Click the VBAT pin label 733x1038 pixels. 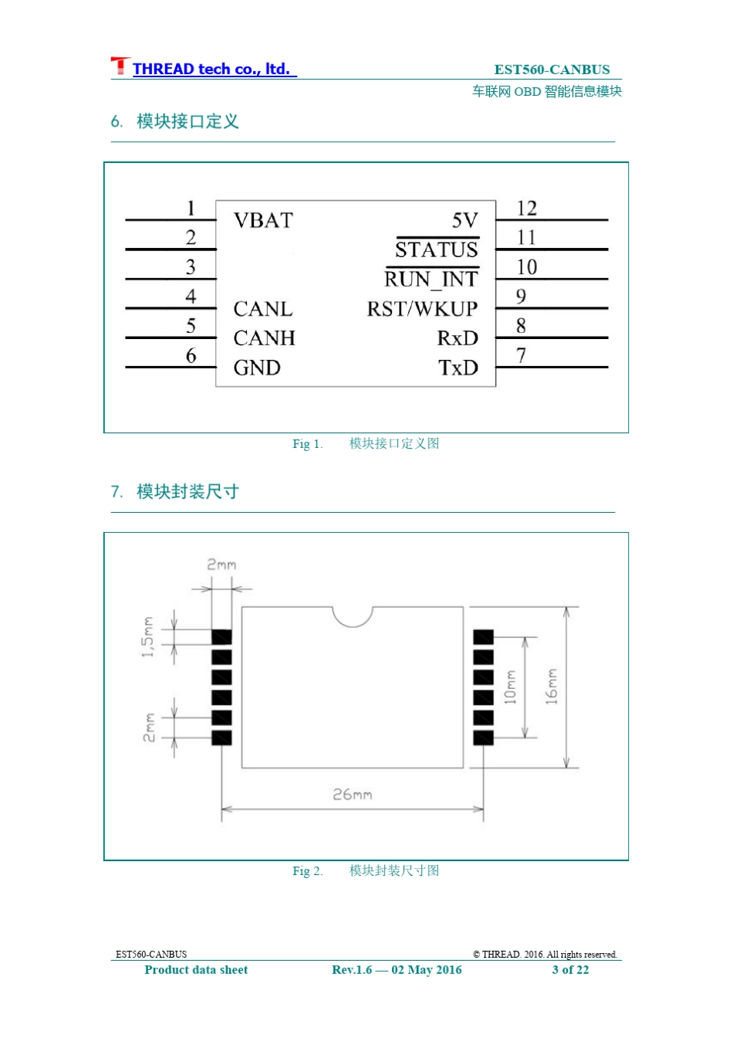point(263,220)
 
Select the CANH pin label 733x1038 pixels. point(264,338)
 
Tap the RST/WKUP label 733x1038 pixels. point(422,309)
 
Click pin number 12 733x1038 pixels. point(526,208)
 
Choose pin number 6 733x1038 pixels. point(191,355)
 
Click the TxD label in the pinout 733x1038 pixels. point(458,368)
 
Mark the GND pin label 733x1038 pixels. point(257,368)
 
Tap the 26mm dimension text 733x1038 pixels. point(353,795)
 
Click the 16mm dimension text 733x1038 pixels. point(551,687)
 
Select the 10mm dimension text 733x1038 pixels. point(510,687)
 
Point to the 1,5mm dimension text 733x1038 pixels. point(147,637)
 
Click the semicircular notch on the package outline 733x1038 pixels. point(353,626)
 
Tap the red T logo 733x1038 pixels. point(120,66)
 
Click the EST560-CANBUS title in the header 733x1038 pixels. point(552,70)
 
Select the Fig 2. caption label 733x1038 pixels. point(307,870)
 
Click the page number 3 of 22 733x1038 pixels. point(570,969)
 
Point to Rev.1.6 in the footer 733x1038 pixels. point(351,969)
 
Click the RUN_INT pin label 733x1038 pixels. point(431,279)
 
